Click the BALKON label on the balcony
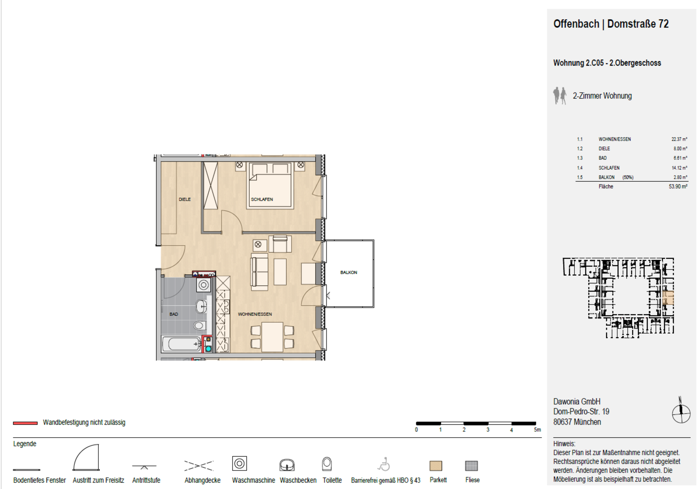(x=349, y=272)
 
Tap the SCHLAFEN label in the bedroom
(x=262, y=199)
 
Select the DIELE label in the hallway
(x=184, y=199)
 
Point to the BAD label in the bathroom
(x=174, y=314)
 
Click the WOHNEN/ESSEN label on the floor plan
(x=255, y=314)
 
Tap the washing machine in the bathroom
(x=203, y=285)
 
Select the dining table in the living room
(x=272, y=337)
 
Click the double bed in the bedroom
(x=270, y=185)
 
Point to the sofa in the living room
(x=259, y=272)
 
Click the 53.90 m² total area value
(x=678, y=186)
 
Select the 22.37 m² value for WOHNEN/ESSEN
(x=679, y=139)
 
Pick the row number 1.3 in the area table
(x=580, y=158)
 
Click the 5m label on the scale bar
(x=537, y=430)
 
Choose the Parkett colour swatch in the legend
(x=436, y=466)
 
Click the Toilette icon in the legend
(x=327, y=464)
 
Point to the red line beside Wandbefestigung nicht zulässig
(x=25, y=423)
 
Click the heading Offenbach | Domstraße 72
(x=611, y=24)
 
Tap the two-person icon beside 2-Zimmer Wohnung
(x=560, y=96)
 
